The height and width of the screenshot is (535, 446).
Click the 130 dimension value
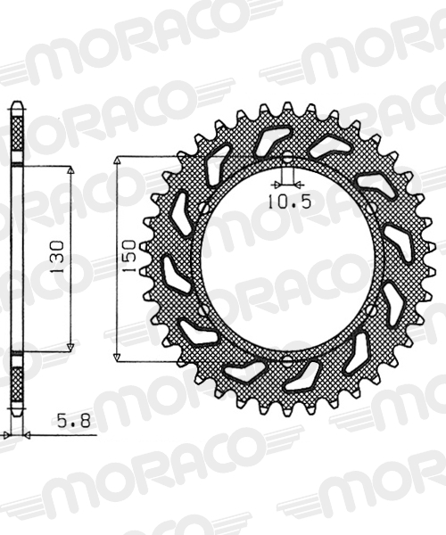(57, 257)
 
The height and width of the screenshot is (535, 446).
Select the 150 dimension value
(129, 256)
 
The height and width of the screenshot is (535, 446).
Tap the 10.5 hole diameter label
(289, 202)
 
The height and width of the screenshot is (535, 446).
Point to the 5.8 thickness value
(74, 421)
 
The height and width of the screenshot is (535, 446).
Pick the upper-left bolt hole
(204, 208)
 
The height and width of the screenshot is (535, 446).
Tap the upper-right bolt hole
(372, 208)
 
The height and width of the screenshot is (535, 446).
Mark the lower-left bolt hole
(204, 310)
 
